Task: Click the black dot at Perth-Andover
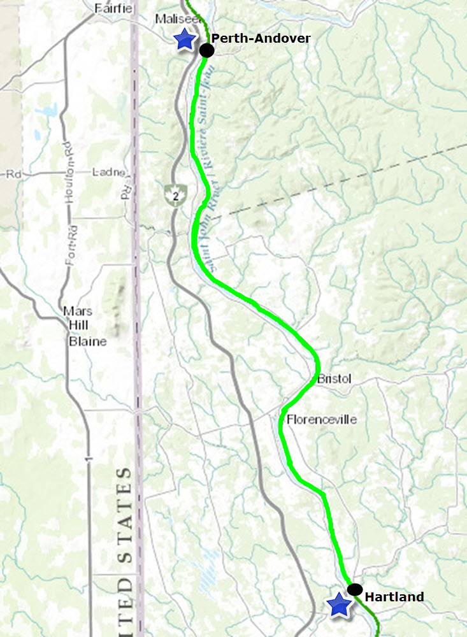[206, 50]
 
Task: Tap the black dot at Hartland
[355, 589]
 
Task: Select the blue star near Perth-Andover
[185, 39]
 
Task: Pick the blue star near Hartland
[340, 605]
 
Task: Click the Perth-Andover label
[261, 39]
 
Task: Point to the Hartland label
[394, 597]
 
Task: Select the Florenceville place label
[322, 419]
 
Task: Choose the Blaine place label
[87, 341]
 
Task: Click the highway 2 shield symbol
[172, 194]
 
